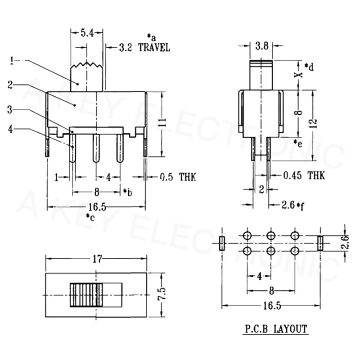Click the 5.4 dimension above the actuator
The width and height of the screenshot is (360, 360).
click(x=87, y=33)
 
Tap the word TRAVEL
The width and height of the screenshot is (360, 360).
click(x=154, y=48)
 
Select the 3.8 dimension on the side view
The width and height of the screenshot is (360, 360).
click(x=262, y=46)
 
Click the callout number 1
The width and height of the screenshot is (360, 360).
click(x=12, y=61)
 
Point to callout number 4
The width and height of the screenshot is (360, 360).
click(x=10, y=129)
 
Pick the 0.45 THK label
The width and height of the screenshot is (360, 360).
click(x=304, y=175)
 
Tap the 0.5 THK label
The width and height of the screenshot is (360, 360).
click(x=178, y=177)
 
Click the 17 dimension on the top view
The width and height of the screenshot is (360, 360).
click(x=97, y=259)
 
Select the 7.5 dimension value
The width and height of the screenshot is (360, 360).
click(x=162, y=294)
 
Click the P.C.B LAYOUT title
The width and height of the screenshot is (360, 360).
click(x=276, y=329)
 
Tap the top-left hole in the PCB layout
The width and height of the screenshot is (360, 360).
click(x=247, y=235)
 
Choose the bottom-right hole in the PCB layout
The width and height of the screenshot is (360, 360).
click(x=295, y=251)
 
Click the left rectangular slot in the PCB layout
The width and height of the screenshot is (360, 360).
click(x=222, y=243)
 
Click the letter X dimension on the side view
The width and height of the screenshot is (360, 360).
click(x=298, y=75)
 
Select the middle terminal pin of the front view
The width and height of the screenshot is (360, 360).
click(x=96, y=148)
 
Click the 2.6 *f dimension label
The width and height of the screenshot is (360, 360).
click(x=292, y=205)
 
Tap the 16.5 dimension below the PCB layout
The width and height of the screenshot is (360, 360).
click(x=272, y=306)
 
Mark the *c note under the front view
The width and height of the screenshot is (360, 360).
click(x=90, y=217)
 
